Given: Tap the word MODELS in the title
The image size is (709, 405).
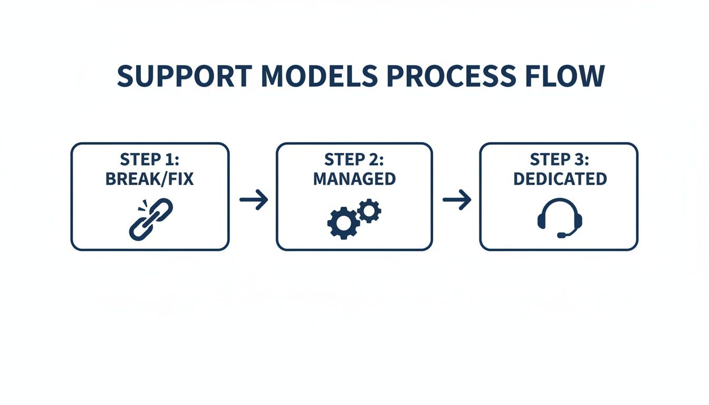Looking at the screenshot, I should [319, 76].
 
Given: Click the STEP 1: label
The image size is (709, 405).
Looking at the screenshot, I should [150, 159].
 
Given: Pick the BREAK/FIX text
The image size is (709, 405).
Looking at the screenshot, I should [150, 179].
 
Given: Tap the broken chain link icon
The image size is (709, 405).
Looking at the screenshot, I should [151, 219].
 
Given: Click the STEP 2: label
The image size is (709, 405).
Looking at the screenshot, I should [354, 159].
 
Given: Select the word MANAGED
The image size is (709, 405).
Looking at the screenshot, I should [354, 179].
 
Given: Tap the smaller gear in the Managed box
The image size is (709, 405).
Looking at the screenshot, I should [369, 211].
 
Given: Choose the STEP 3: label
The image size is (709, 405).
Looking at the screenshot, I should [559, 159].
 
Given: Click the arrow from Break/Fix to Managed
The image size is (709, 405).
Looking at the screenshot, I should [253, 200].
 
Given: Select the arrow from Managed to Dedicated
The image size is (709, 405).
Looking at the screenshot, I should [456, 200].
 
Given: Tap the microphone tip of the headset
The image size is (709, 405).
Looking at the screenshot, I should [561, 235].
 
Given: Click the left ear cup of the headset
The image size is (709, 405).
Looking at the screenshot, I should [542, 221].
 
